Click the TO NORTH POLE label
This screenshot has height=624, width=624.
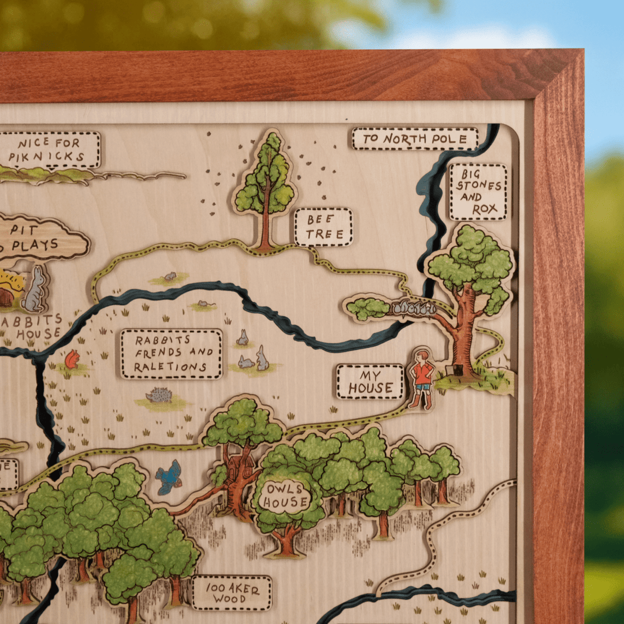click(x=415, y=139)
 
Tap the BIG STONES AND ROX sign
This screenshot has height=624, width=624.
click(x=478, y=192)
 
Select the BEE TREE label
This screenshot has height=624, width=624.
click(x=323, y=227)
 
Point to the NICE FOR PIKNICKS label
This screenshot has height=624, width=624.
click(x=51, y=150)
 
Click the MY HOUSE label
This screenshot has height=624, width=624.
click(x=370, y=381)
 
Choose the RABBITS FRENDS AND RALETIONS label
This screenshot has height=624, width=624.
click(x=171, y=354)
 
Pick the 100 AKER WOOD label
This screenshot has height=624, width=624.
click(x=232, y=593)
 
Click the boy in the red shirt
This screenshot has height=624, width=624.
click(x=422, y=378)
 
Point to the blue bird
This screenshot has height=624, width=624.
click(x=169, y=477)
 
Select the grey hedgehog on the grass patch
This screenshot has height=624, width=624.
click(x=159, y=395)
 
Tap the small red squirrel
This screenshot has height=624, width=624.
click(x=72, y=360)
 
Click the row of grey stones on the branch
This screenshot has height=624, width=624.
click(x=415, y=308)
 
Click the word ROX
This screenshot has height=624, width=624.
click(x=484, y=209)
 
